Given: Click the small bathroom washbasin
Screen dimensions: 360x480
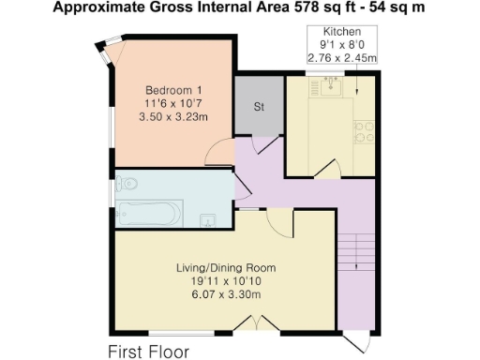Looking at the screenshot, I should coord(209,219).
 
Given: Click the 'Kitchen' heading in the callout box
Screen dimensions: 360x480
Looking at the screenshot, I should coord(341,32).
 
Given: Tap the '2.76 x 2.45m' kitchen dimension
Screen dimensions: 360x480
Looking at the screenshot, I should coord(341,58).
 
